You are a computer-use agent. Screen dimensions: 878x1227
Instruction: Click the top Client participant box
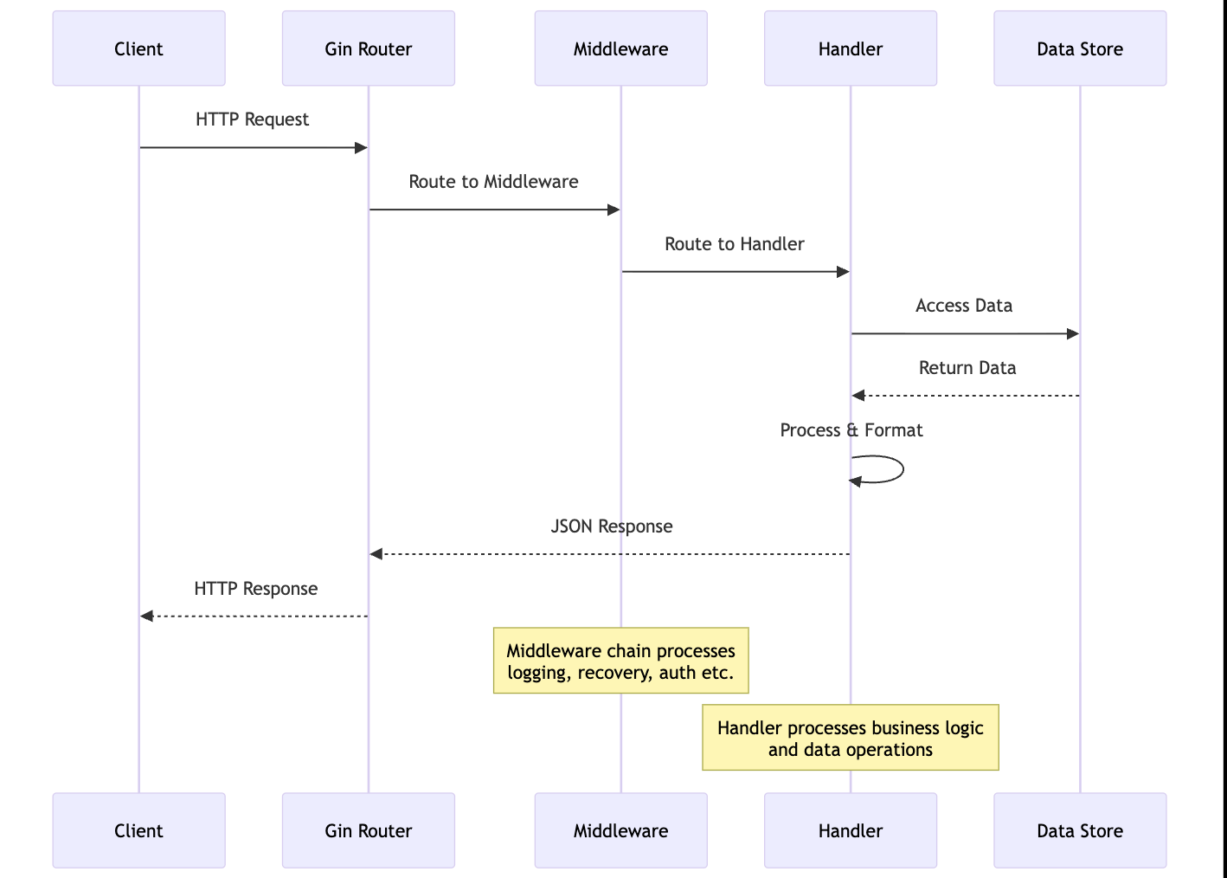(138, 48)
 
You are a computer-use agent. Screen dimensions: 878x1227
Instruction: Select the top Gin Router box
(368, 48)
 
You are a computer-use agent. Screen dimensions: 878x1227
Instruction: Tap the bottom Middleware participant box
(620, 830)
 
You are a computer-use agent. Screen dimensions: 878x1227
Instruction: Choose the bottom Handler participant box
(850, 830)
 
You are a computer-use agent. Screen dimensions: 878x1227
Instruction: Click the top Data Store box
(1079, 48)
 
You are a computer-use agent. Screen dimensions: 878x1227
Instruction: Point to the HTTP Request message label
(252, 119)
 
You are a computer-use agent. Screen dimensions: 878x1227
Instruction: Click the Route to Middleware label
(493, 182)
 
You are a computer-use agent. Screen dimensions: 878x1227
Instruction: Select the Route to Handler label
(734, 244)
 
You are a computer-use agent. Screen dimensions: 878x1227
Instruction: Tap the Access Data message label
(963, 306)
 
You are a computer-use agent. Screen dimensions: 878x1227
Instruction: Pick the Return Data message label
(967, 368)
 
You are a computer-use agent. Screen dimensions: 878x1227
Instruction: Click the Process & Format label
(851, 430)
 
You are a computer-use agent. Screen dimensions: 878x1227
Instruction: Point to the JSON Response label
(611, 526)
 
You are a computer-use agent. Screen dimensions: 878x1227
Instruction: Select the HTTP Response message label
(255, 589)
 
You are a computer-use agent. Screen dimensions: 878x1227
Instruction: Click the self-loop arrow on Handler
(900, 469)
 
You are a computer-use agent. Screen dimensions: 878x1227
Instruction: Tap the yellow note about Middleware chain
(620, 661)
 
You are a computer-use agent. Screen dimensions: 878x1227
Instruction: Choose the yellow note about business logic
(850, 738)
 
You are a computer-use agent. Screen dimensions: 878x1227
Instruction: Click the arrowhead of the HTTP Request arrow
(362, 148)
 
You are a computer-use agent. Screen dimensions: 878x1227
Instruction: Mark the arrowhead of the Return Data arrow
(858, 396)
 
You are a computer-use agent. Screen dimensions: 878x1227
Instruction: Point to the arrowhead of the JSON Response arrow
(376, 554)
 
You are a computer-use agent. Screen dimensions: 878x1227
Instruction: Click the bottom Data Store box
(1079, 830)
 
